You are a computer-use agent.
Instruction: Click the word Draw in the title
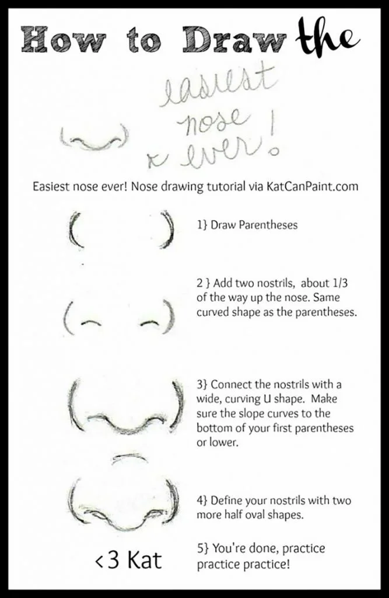click(234, 40)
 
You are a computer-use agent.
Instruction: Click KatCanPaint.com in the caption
click(311, 186)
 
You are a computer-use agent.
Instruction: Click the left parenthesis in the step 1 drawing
click(75, 230)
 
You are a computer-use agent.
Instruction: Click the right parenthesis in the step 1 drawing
click(168, 229)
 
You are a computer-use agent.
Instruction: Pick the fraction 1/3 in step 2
click(340, 283)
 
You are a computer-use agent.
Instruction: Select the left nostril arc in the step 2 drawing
click(90, 322)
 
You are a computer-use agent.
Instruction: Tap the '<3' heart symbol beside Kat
click(107, 560)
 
